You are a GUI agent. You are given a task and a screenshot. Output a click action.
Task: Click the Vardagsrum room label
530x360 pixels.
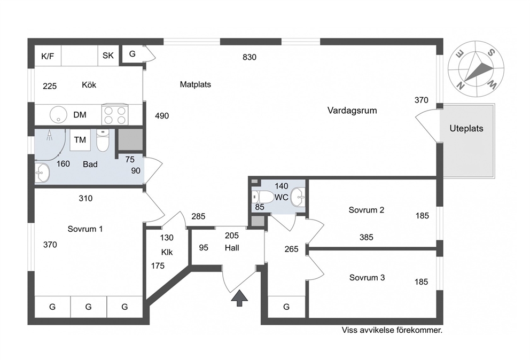(x=352, y=111)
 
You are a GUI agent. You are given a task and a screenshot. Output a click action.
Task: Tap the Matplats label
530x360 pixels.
(x=196, y=84)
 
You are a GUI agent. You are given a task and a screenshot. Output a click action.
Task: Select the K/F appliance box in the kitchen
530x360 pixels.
(x=48, y=56)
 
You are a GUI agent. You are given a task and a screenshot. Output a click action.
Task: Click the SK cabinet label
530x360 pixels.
(x=108, y=56)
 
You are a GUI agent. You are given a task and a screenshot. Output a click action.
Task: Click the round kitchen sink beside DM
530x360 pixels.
(x=59, y=115)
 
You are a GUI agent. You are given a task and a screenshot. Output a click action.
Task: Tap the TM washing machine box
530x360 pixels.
(x=80, y=140)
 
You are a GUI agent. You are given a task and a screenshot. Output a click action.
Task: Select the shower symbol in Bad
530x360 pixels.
(x=50, y=135)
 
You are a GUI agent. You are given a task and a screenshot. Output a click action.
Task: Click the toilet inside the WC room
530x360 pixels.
(x=263, y=197)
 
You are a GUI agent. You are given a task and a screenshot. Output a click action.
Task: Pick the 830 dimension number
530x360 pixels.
(x=250, y=58)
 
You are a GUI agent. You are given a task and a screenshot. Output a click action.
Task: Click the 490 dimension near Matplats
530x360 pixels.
(x=162, y=116)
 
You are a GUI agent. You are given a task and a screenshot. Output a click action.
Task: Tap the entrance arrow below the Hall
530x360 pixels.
(x=240, y=298)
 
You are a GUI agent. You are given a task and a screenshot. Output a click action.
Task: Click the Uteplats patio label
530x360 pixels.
(x=466, y=128)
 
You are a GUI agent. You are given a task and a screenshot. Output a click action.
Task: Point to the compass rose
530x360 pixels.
(x=476, y=68)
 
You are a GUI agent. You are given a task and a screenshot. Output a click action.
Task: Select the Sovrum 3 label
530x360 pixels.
(x=367, y=278)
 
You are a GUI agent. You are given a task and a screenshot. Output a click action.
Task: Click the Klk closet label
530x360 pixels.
(x=167, y=252)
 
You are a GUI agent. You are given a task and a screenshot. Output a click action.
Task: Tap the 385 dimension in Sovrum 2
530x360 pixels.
(x=367, y=237)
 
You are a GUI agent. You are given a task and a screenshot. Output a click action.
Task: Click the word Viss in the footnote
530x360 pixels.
(x=349, y=330)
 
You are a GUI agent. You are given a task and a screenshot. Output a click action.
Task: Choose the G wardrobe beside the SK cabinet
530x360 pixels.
(x=132, y=54)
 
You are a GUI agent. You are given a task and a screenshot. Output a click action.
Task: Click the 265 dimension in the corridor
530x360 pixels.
(x=291, y=249)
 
